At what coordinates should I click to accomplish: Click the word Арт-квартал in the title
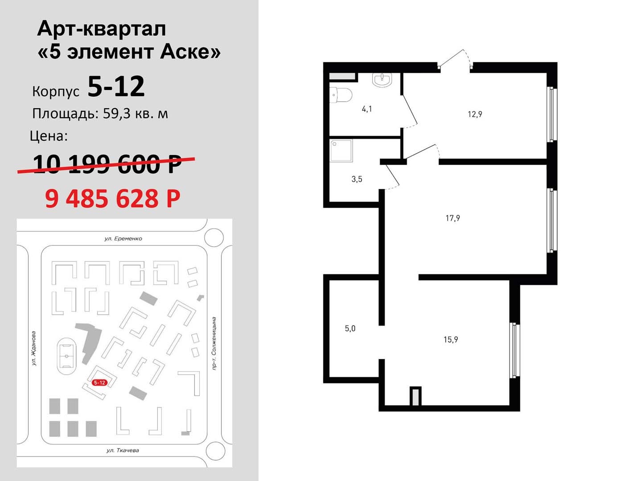click(x=102, y=29)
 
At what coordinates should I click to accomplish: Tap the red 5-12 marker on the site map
click(x=99, y=383)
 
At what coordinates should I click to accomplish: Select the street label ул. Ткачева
click(x=123, y=450)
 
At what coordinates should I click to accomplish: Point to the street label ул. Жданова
click(x=34, y=348)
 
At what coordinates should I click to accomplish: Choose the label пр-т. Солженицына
click(x=214, y=343)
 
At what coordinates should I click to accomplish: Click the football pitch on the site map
click(x=67, y=356)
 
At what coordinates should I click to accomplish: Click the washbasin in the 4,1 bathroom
click(x=382, y=79)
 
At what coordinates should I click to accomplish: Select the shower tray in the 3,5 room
click(x=341, y=151)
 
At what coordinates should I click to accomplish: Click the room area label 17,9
click(x=453, y=218)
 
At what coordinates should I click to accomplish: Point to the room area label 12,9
click(x=475, y=114)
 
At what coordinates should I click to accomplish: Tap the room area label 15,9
click(x=451, y=340)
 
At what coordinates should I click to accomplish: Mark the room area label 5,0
click(x=350, y=329)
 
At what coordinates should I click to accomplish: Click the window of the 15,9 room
click(x=514, y=350)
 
